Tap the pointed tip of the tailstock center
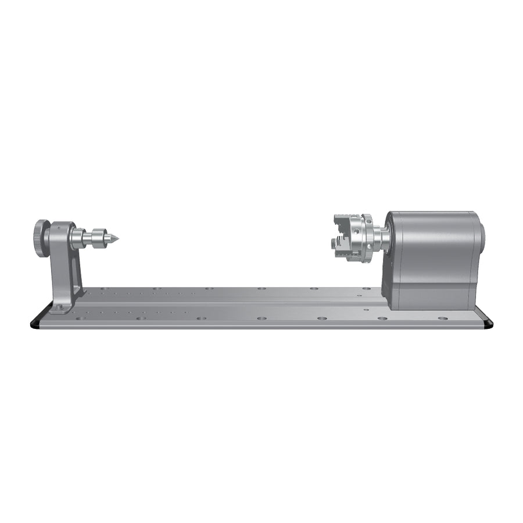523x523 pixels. tap(119, 238)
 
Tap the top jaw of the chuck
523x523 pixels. tap(343, 220)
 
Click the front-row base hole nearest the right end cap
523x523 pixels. tap(443, 319)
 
